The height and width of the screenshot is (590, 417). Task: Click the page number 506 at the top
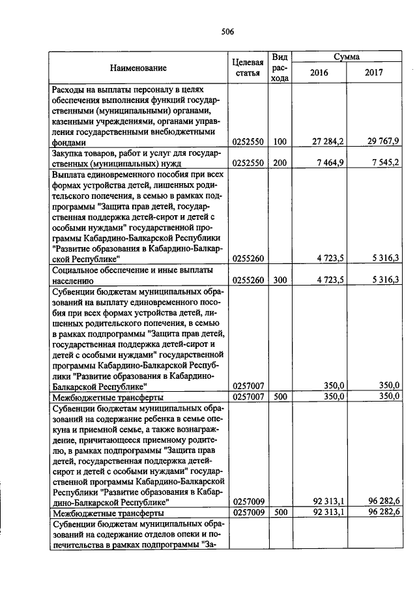(x=227, y=31)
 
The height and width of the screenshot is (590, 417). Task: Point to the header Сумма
(x=347, y=57)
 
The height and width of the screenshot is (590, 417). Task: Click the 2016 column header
(x=319, y=72)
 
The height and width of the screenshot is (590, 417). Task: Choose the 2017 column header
(x=374, y=72)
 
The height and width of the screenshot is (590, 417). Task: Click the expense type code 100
(x=280, y=141)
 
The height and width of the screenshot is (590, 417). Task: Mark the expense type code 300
(x=280, y=280)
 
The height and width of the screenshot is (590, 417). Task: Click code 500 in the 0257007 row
(x=280, y=396)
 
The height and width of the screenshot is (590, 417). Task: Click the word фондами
(x=69, y=141)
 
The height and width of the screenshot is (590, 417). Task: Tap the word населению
(x=73, y=280)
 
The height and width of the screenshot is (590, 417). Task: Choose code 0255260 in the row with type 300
(x=248, y=280)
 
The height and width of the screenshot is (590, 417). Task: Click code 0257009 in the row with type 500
(x=248, y=514)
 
